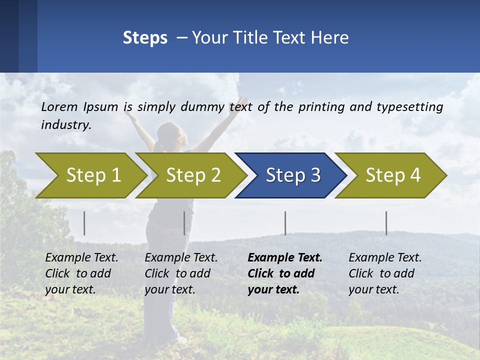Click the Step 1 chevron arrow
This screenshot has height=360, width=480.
93,175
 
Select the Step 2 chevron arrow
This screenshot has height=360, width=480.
193,175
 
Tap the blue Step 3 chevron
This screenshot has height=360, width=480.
293,175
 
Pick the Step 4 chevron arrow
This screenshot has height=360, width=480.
393,175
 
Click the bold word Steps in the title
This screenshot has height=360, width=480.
145,38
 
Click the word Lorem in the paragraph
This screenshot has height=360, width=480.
59,106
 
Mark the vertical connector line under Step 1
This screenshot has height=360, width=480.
84,223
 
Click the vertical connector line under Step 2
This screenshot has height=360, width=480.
184,223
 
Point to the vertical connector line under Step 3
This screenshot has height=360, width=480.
285,223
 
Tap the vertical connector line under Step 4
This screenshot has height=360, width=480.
386,223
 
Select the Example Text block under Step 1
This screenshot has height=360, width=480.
81,273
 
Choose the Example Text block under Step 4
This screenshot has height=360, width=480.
385,273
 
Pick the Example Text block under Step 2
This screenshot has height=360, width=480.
181,273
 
